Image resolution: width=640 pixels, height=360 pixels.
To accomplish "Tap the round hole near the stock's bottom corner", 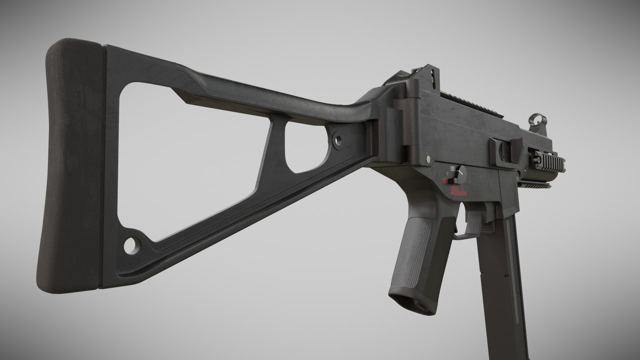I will pyautogui.click(x=131, y=245).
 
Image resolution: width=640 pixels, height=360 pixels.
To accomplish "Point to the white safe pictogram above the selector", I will pyautogui.click(x=453, y=168).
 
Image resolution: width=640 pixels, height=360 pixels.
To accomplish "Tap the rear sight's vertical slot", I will pyautogui.click(x=432, y=76).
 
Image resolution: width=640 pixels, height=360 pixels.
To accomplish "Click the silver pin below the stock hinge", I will pyautogui.click(x=427, y=161).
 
